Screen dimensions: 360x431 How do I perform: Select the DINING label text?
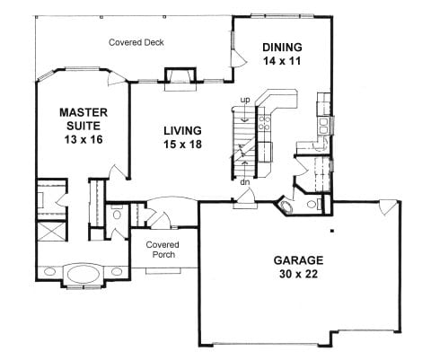[x=281, y=48]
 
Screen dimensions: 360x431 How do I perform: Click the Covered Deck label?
[x=136, y=42]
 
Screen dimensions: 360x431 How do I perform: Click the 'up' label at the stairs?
[x=243, y=99]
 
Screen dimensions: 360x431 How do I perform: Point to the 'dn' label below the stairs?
[x=243, y=182]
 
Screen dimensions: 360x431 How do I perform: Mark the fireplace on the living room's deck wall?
[x=180, y=78]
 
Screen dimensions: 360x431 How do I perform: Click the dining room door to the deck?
[x=237, y=54]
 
